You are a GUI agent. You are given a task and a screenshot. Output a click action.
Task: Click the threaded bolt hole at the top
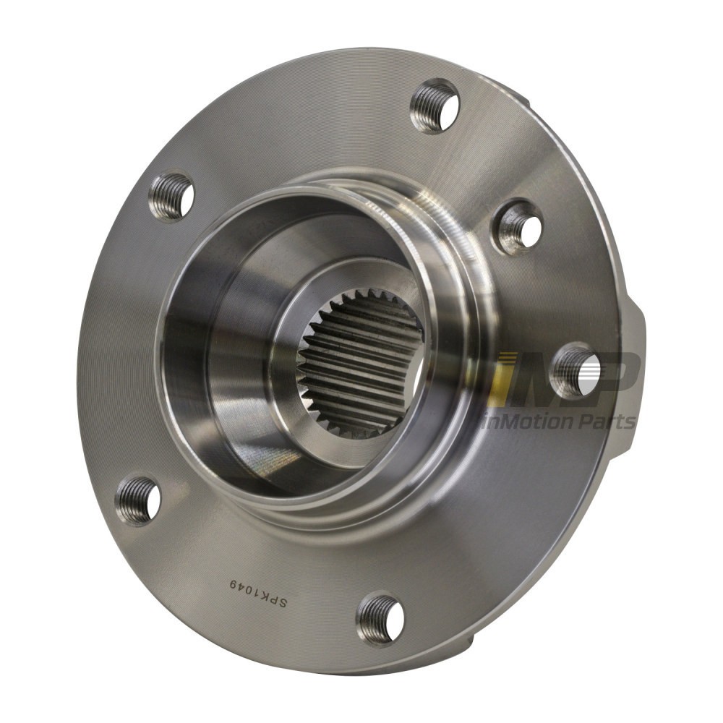(x=435, y=106)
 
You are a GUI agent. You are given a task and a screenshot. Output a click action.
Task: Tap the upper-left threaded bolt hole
(x=171, y=197)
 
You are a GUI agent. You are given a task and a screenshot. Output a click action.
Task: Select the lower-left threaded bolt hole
(x=138, y=500)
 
